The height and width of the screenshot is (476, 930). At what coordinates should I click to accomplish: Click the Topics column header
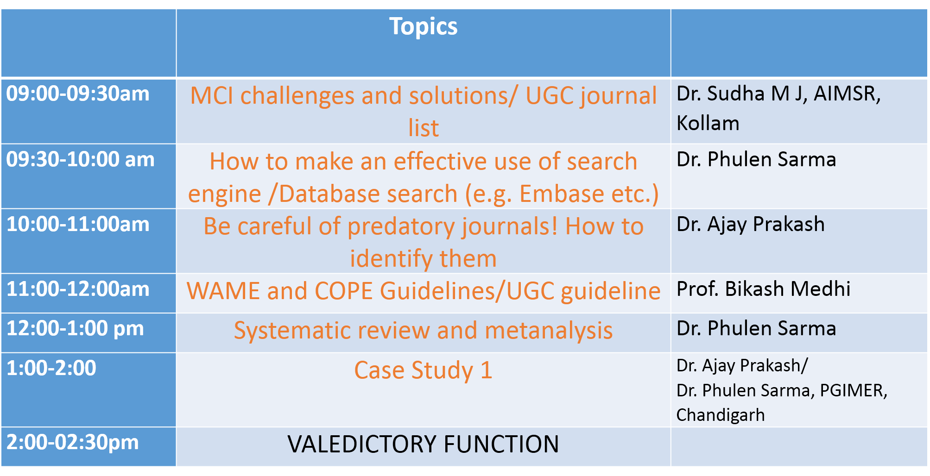[x=423, y=26]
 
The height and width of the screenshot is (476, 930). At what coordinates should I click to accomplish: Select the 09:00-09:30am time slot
[x=78, y=94]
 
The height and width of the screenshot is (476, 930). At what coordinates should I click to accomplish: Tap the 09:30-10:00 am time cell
[x=80, y=159]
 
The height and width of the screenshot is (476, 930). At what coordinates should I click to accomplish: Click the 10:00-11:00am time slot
[x=78, y=224]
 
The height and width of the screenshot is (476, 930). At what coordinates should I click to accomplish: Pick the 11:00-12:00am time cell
[x=78, y=289]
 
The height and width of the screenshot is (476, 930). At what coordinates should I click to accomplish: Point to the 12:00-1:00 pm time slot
[x=75, y=329]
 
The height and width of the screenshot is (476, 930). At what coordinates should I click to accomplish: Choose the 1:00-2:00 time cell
[x=51, y=368]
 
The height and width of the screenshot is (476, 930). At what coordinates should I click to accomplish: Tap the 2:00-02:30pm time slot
[x=72, y=443]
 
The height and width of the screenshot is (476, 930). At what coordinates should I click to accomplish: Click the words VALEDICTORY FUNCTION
[x=423, y=444]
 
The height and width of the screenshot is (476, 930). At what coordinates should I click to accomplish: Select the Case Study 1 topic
[x=423, y=370]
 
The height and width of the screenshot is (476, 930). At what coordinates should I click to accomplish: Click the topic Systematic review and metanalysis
[x=423, y=331]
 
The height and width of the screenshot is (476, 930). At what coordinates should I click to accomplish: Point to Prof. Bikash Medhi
[x=763, y=289]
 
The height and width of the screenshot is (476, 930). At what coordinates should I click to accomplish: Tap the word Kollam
[x=708, y=124]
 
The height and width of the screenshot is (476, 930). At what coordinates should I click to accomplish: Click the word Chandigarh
[x=720, y=415]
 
